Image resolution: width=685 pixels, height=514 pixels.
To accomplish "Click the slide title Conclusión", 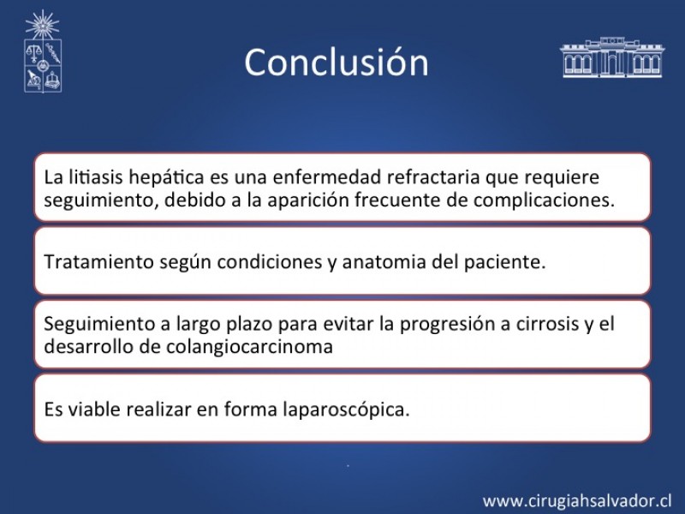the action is point(337,62).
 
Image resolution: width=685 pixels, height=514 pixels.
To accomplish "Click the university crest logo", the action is point(42,51).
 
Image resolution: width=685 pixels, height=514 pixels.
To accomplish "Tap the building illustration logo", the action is point(612,57).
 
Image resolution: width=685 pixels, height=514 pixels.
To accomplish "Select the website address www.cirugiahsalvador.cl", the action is point(576,501).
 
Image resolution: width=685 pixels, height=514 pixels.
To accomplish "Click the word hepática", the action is point(167,177).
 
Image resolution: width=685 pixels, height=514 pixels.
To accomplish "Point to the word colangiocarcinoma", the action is point(249,347).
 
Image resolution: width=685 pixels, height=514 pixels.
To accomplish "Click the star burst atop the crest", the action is point(42,26).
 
